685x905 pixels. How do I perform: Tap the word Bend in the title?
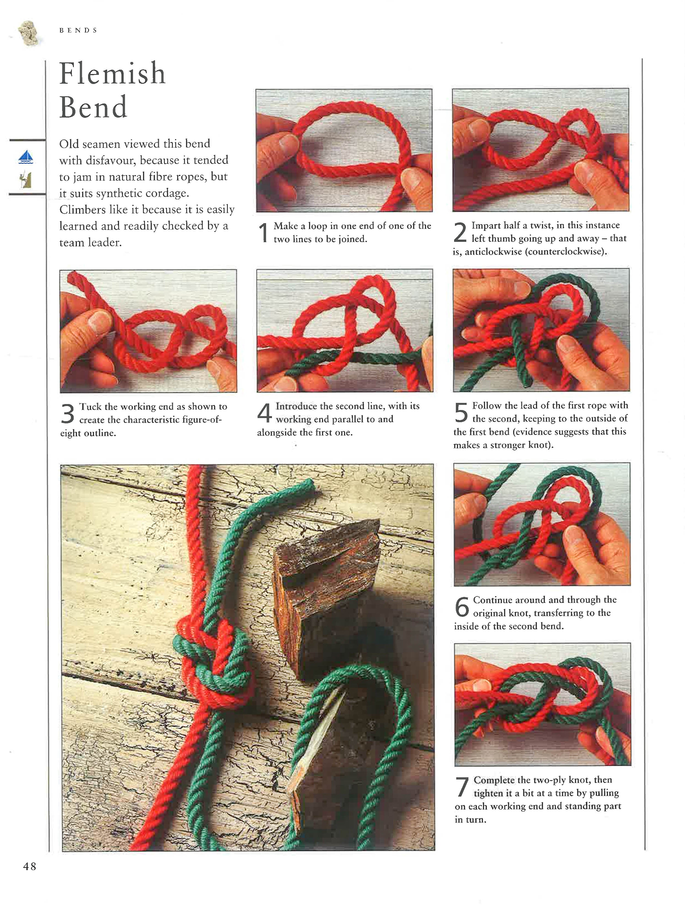tap(93, 107)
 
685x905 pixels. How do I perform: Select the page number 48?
tap(29, 866)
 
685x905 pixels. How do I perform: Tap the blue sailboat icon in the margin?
tap(26, 157)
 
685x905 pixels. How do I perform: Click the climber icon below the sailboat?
tap(26, 180)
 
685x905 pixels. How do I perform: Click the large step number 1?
tap(264, 232)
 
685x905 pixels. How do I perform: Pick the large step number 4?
tap(264, 413)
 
